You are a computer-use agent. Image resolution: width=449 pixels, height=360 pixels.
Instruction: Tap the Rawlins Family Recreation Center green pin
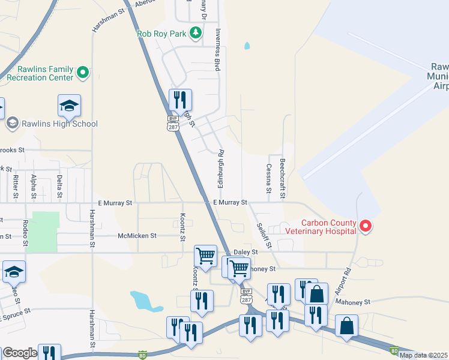(83, 74)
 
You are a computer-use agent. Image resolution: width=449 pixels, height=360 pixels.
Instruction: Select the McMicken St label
(137, 236)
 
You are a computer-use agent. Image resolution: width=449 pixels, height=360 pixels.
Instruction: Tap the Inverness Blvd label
(218, 50)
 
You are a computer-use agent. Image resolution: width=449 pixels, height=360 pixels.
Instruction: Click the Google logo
(20, 353)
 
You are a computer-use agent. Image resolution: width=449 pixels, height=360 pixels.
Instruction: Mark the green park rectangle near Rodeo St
(46, 232)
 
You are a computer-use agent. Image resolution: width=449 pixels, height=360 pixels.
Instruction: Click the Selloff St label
(264, 235)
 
